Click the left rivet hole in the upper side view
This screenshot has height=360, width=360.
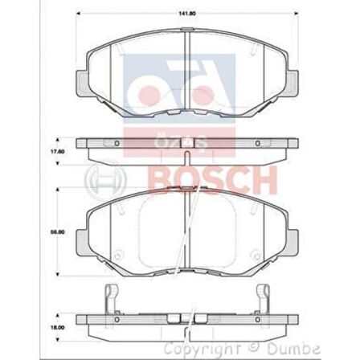(117, 143)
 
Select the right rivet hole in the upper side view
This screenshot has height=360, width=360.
(257, 143)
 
